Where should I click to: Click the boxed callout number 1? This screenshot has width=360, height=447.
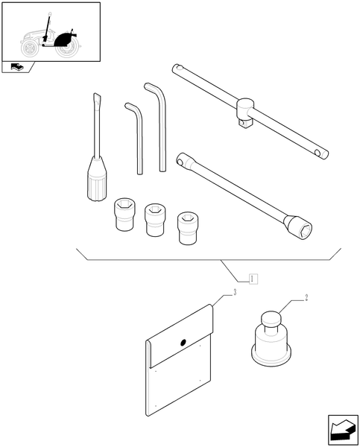point(254,279)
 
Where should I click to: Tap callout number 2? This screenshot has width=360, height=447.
point(307,298)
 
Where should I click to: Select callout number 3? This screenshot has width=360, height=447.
point(235,294)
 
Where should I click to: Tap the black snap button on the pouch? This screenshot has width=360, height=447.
point(183,343)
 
